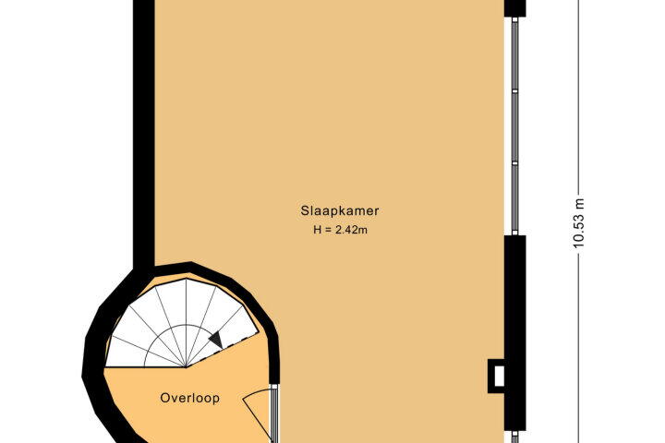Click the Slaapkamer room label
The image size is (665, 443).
pyautogui.click(x=340, y=210)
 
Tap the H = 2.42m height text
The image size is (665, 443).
pyautogui.click(x=340, y=230)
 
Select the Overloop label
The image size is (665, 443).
pyautogui.click(x=190, y=398)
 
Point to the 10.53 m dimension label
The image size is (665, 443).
pyautogui.click(x=578, y=222)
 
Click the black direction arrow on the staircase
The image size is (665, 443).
pyautogui.click(x=216, y=340)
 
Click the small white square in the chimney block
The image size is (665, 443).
pyautogui.click(x=499, y=377)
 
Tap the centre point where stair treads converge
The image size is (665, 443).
pyautogui.click(x=186, y=367)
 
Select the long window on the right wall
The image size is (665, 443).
pyautogui.click(x=514, y=126)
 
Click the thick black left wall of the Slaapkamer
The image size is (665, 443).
pyautogui.click(x=144, y=134)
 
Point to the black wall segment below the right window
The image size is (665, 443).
pyautogui.click(x=514, y=333)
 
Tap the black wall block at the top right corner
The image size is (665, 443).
pyautogui.click(x=514, y=8)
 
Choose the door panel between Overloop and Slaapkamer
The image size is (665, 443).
pyautogui.click(x=274, y=413)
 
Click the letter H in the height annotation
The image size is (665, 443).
pyautogui.click(x=317, y=230)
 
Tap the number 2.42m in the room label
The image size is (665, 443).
pyautogui.click(x=352, y=230)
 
